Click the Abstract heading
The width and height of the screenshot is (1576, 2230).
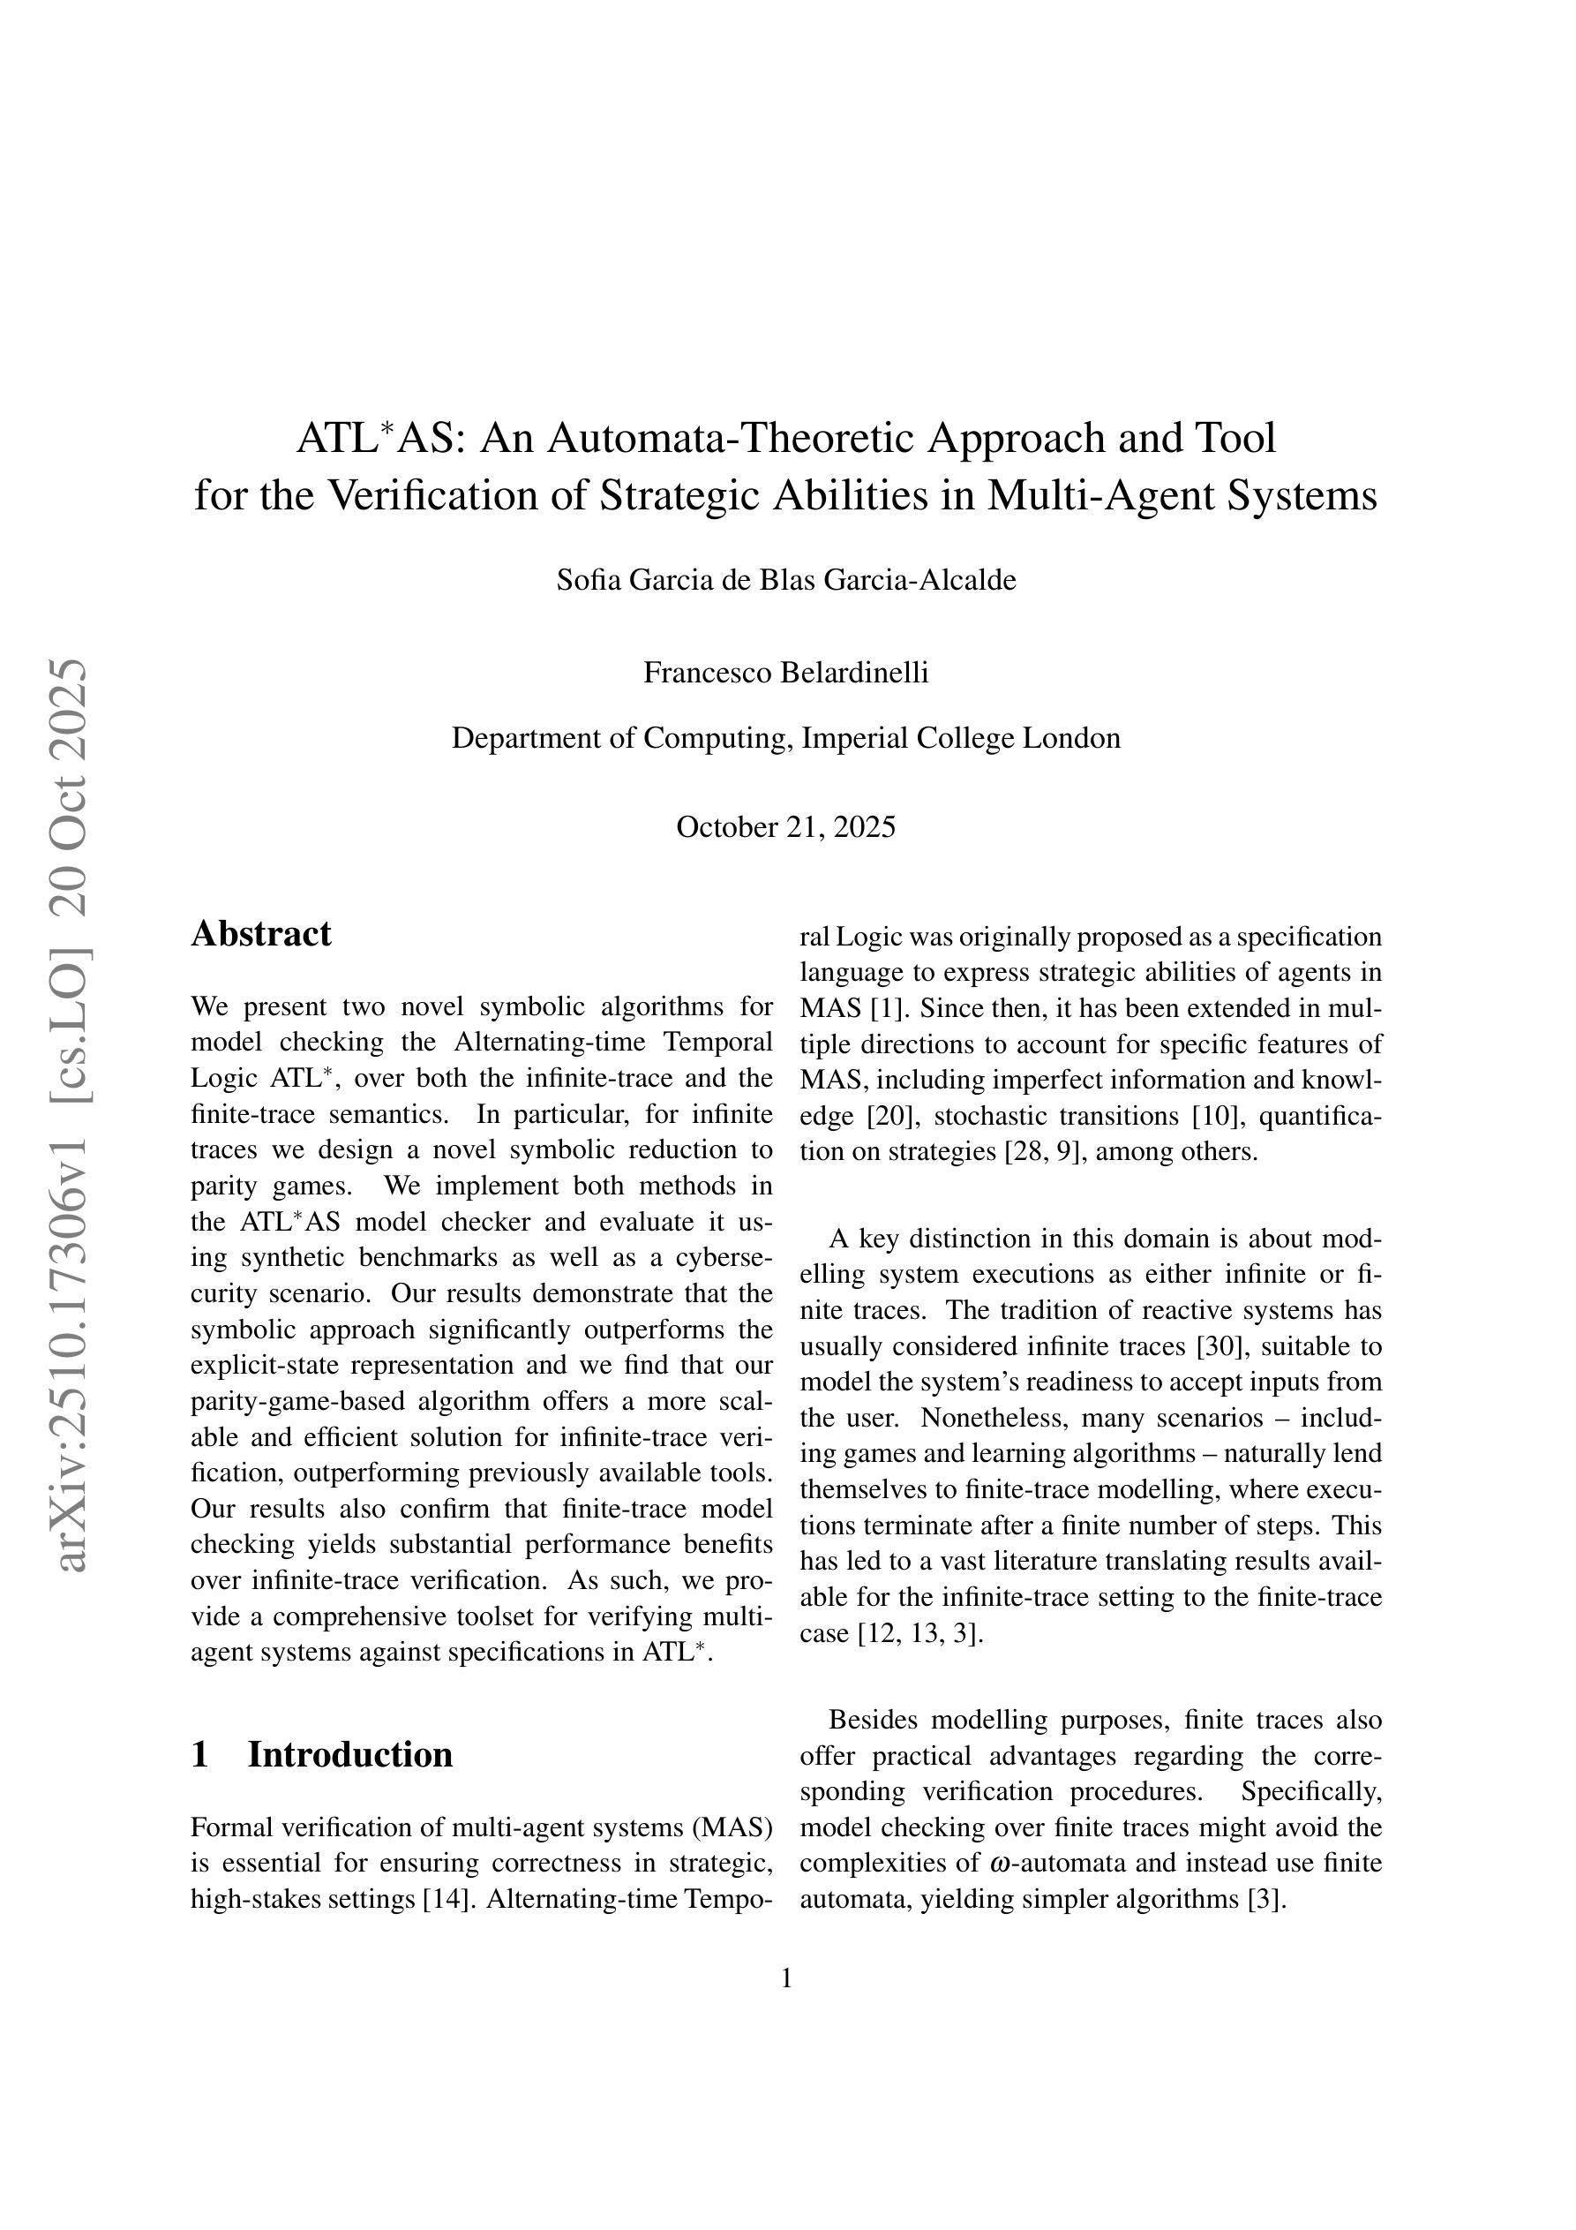pyautogui.click(x=260, y=933)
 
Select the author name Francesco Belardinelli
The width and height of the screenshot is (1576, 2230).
pyautogui.click(x=785, y=672)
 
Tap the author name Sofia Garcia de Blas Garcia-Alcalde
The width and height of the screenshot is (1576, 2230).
pyautogui.click(x=785, y=580)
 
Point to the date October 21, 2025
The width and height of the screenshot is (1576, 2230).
pyautogui.click(x=785, y=826)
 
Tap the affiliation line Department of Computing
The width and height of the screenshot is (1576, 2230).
pyautogui.click(x=785, y=738)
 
